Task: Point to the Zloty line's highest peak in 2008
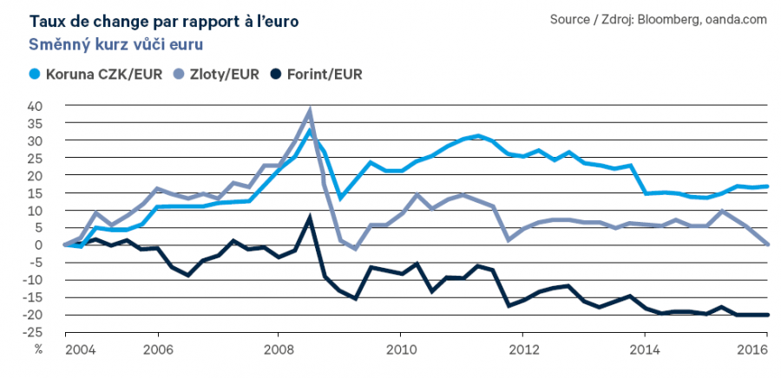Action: [310, 111]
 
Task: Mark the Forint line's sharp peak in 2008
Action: [310, 217]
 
